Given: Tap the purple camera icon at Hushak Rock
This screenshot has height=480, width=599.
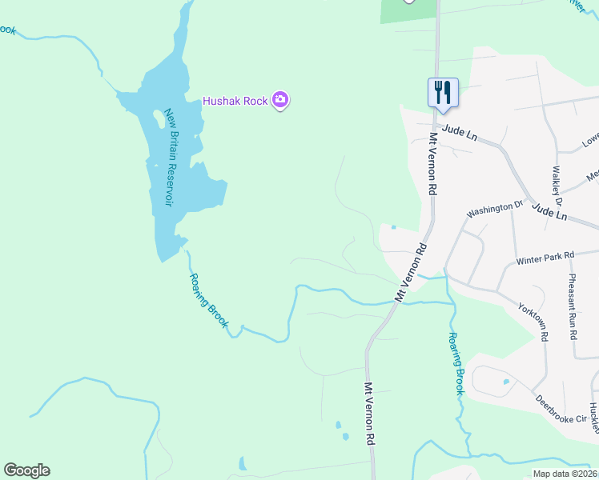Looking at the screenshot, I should click(x=280, y=100).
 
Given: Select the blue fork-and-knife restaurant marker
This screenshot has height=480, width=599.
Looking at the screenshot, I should click(x=442, y=91).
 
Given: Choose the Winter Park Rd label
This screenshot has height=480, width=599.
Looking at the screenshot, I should click(x=545, y=258).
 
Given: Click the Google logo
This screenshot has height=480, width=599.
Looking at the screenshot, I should click(x=26, y=470).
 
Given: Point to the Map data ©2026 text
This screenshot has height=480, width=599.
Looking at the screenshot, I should click(x=564, y=474).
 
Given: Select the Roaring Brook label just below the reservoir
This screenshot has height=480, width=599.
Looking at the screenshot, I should click(x=209, y=302).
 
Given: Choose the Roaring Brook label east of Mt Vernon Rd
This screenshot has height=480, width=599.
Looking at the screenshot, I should click(x=456, y=363).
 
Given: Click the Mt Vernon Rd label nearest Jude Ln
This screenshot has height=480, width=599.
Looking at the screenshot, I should click(x=432, y=163).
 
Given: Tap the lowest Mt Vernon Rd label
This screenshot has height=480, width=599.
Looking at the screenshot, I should click(x=370, y=414).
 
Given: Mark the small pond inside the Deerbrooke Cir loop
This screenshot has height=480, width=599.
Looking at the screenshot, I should click(x=505, y=381).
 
